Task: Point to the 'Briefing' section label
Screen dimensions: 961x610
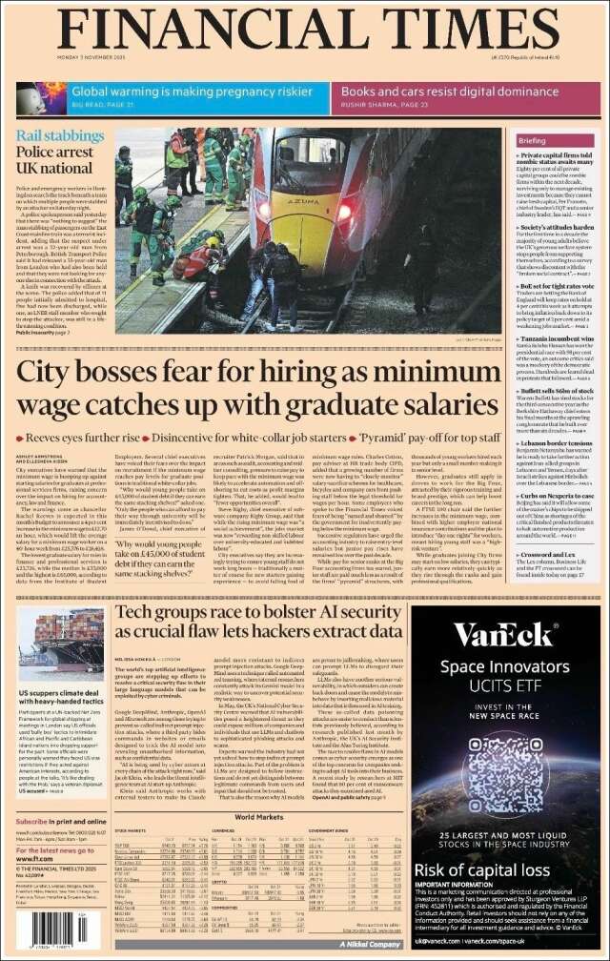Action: pyautogui.click(x=532, y=140)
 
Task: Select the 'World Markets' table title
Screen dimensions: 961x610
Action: pyautogui.click(x=259, y=816)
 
